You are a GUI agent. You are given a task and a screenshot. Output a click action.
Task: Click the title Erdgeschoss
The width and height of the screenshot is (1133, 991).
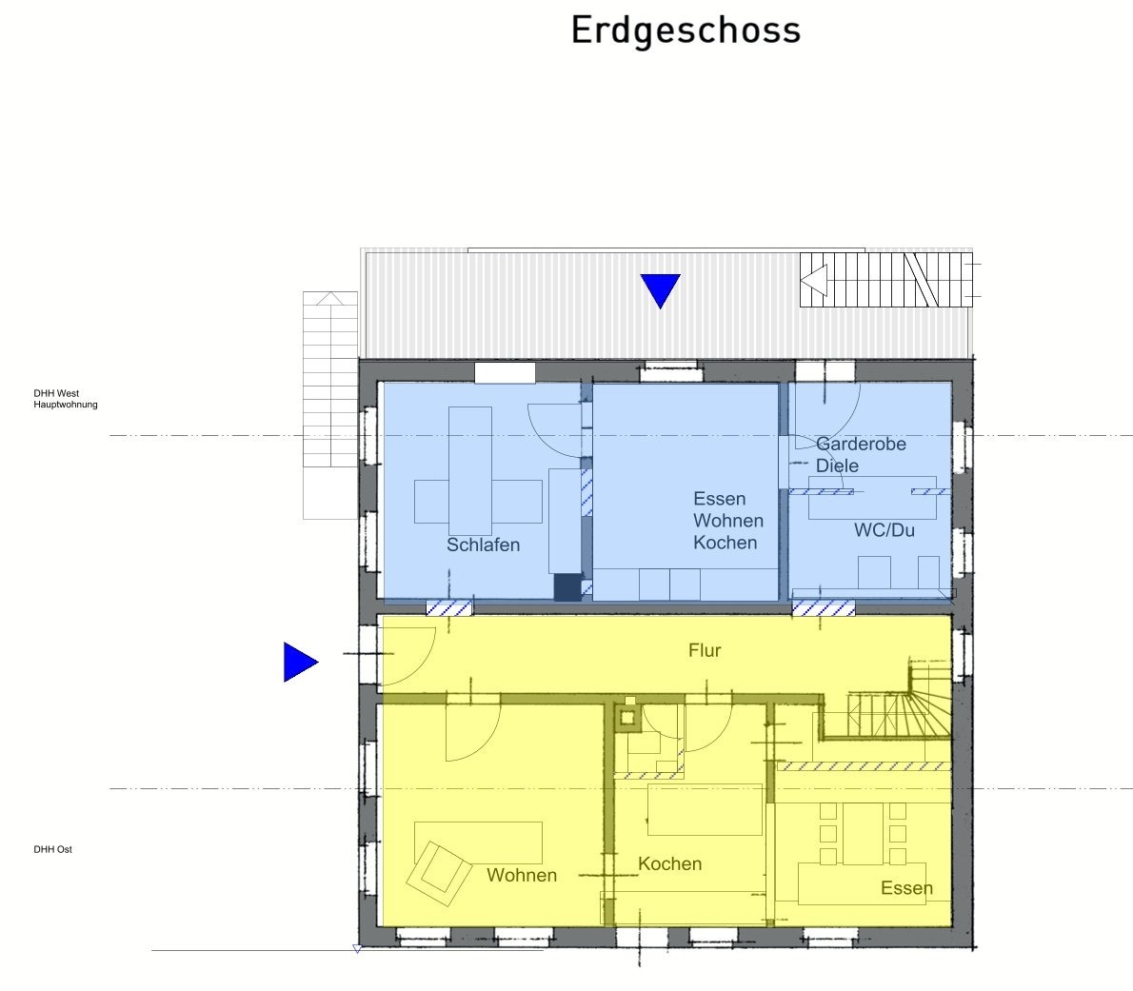click(x=686, y=31)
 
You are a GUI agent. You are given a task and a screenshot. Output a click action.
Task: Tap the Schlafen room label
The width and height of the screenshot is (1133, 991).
click(x=483, y=545)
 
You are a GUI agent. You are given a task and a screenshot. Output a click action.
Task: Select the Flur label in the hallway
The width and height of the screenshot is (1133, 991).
click(x=705, y=650)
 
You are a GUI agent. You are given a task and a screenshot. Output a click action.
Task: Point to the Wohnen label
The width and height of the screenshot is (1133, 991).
click(x=522, y=875)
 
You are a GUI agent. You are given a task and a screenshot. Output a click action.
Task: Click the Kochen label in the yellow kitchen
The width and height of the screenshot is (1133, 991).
click(x=670, y=863)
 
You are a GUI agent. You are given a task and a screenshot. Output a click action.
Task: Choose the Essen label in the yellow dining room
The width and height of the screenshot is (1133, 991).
click(x=906, y=887)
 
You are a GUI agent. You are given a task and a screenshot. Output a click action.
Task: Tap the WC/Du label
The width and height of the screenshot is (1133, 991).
click(x=884, y=530)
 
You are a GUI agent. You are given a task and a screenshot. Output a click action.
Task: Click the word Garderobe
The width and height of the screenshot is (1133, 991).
click(x=861, y=444)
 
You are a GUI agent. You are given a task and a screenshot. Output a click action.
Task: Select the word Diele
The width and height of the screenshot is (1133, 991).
click(x=837, y=466)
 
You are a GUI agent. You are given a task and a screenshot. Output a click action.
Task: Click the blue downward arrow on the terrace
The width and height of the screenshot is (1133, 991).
click(x=661, y=288)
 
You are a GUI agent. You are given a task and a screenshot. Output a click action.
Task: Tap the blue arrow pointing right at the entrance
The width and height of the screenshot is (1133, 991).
click(x=299, y=662)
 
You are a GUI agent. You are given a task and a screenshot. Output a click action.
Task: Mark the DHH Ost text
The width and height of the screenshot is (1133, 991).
click(x=52, y=849)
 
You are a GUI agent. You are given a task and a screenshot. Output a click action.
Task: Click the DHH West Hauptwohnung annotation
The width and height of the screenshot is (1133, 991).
click(x=65, y=399)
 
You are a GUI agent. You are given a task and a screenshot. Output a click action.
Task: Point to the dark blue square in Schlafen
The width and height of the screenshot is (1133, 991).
click(x=567, y=587)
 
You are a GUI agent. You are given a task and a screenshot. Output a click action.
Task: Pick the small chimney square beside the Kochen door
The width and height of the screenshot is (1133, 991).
click(x=626, y=718)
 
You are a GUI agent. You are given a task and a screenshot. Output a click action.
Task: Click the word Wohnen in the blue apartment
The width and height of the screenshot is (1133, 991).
click(x=727, y=520)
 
